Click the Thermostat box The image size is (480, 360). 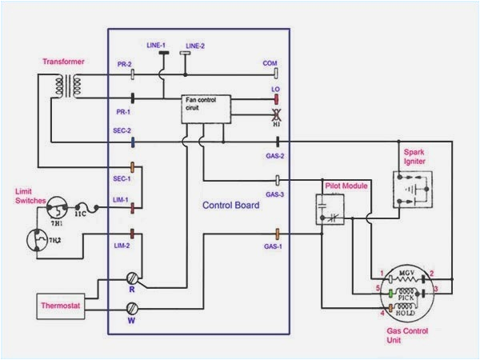[x=62, y=307]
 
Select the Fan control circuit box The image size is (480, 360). [x=206, y=109]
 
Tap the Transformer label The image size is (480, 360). [x=65, y=62]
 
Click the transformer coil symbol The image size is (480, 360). [x=66, y=86]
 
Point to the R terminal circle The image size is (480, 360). [x=134, y=279]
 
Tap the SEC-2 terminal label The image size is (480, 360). [x=122, y=130]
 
